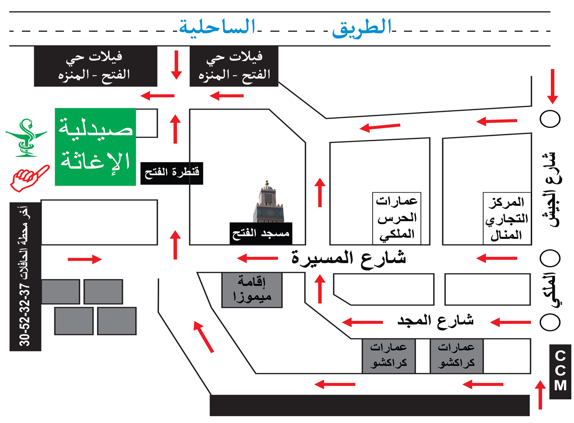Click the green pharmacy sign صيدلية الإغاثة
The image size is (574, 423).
(x=95, y=147)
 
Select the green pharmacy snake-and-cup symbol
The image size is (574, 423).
(x=26, y=138)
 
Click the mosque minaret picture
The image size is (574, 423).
(x=268, y=202)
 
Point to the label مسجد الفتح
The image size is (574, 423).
(x=261, y=233)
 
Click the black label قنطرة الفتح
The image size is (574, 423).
(x=171, y=173)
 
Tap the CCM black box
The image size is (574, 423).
(x=560, y=371)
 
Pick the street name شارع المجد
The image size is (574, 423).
(x=435, y=320)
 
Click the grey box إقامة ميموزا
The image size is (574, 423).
(x=252, y=290)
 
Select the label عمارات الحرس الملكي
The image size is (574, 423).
(x=397, y=218)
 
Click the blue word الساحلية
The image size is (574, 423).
(x=217, y=27)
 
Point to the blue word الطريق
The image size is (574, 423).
(x=362, y=28)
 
